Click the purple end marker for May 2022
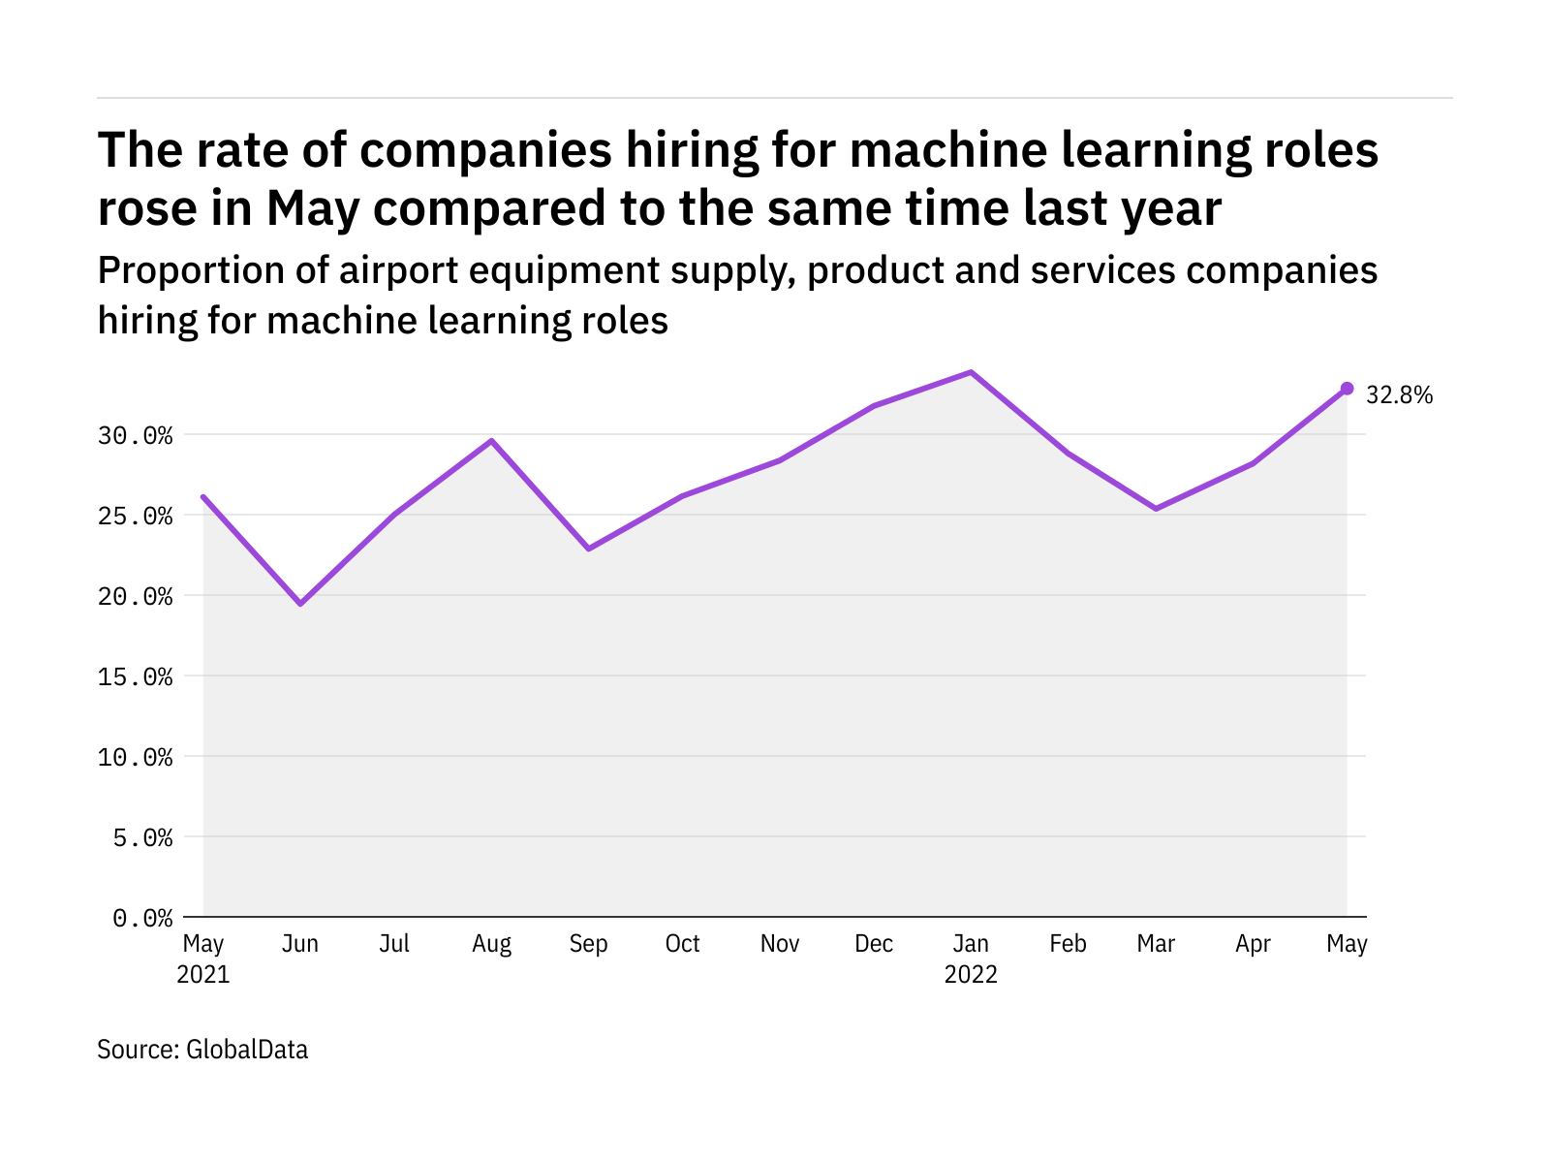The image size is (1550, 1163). click(x=1347, y=389)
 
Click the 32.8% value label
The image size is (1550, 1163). click(x=1399, y=395)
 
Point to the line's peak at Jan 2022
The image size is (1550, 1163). click(x=971, y=372)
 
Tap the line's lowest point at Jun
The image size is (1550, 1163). click(x=300, y=604)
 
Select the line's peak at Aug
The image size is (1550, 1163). click(x=492, y=441)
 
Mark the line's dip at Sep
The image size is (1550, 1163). click(x=588, y=549)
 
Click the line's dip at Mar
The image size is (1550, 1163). click(x=1156, y=509)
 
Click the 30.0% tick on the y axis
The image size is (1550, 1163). click(x=136, y=436)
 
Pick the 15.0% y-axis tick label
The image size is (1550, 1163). click(x=136, y=676)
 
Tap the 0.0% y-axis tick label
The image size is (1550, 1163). click(x=142, y=918)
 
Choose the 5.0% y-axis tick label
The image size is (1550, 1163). click(x=142, y=837)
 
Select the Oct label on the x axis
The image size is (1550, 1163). click(x=683, y=944)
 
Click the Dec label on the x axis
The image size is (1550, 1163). click(x=874, y=944)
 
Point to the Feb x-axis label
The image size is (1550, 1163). click(x=1068, y=944)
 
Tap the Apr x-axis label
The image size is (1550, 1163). click(x=1253, y=944)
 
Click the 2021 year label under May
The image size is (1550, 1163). click(x=203, y=974)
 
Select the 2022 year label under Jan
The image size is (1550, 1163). click(x=971, y=974)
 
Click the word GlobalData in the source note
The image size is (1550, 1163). click(x=247, y=1050)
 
